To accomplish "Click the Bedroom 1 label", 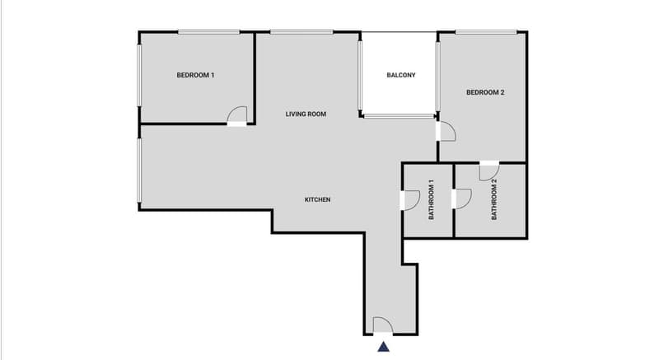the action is tap(195, 75).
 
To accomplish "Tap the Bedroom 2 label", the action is tap(485, 92).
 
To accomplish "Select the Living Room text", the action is tap(306, 115).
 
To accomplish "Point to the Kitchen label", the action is tap(317, 199).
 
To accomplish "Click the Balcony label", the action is tap(401, 75).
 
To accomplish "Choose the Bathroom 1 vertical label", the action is tap(431, 199).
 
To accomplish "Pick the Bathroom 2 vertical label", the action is tap(493, 199).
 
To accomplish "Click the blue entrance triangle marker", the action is tap(383, 347).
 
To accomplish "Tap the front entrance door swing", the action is tap(383, 325).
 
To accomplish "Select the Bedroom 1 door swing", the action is tap(236, 116).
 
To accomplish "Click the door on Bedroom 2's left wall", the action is tap(446, 131).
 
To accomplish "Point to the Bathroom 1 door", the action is tap(410, 200).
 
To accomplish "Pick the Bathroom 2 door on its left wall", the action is tap(461, 199).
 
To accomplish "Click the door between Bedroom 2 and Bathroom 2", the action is tap(489, 171).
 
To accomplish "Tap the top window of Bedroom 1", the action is tap(209, 32).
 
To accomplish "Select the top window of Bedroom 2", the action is tap(486, 32).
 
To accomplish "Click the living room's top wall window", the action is tap(301, 32).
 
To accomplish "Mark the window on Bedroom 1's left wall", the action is tap(139, 76).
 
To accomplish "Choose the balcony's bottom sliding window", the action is tap(400, 116).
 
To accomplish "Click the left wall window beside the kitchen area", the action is tap(139, 171).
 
